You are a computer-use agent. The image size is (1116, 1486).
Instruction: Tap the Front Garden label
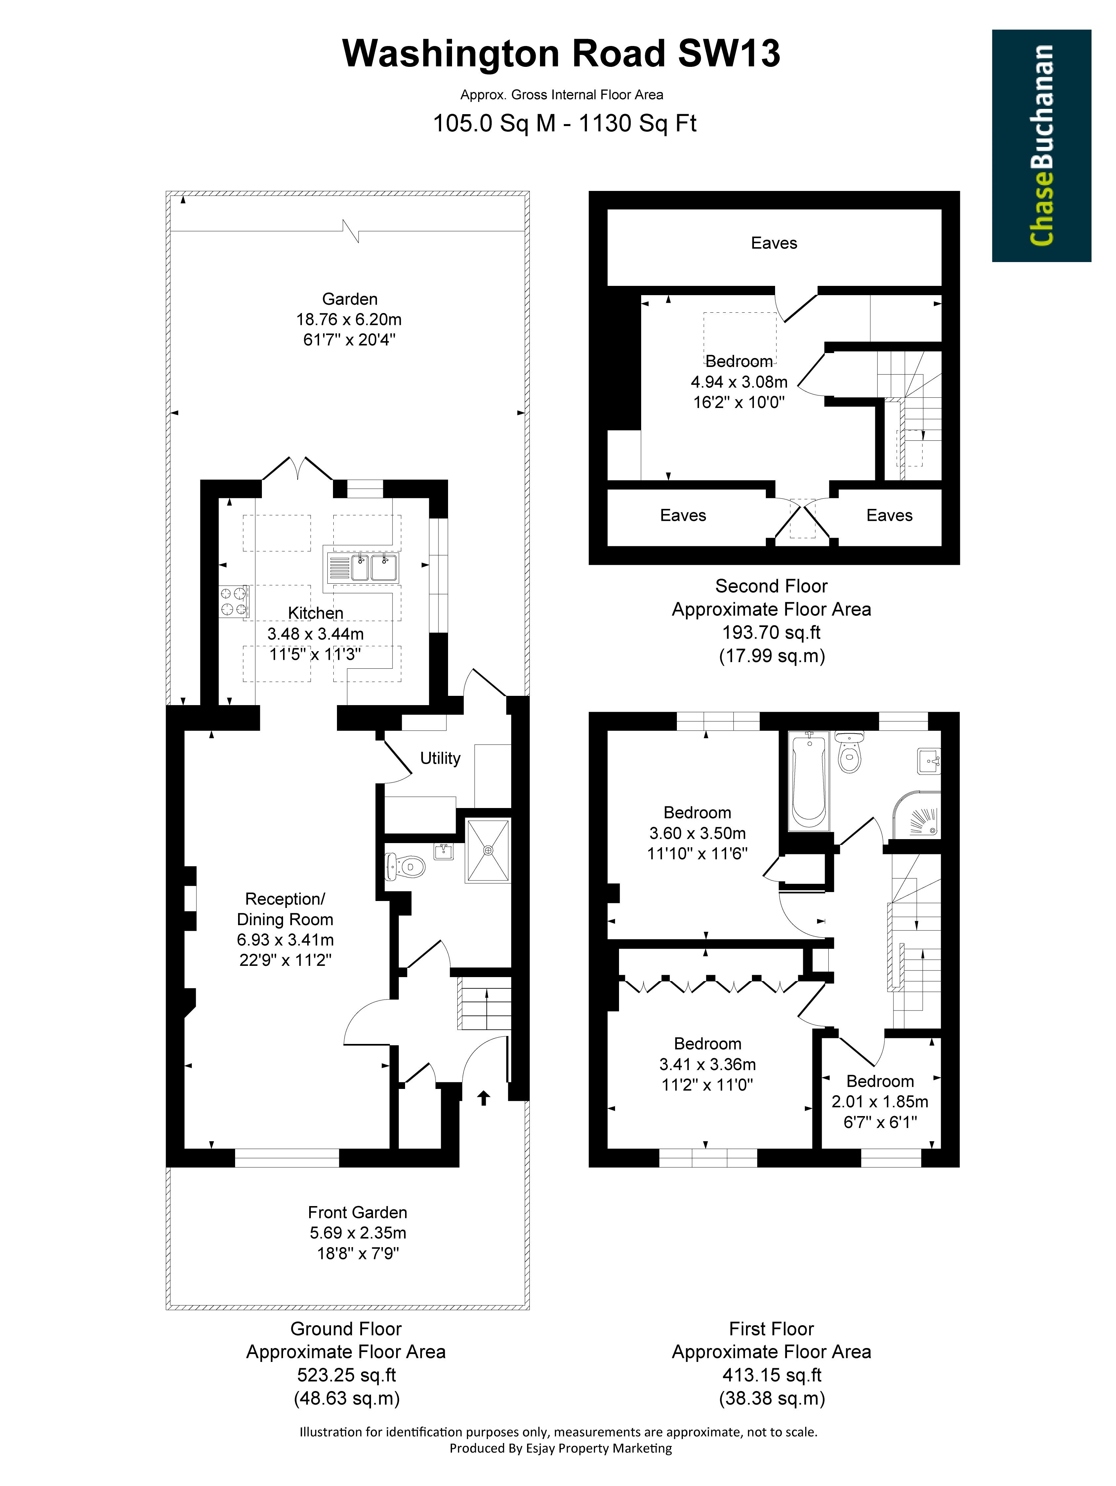coord(357,1212)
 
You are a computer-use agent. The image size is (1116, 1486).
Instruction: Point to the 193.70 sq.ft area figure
coord(771,632)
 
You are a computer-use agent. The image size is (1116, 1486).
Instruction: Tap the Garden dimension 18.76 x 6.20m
coord(349,319)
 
